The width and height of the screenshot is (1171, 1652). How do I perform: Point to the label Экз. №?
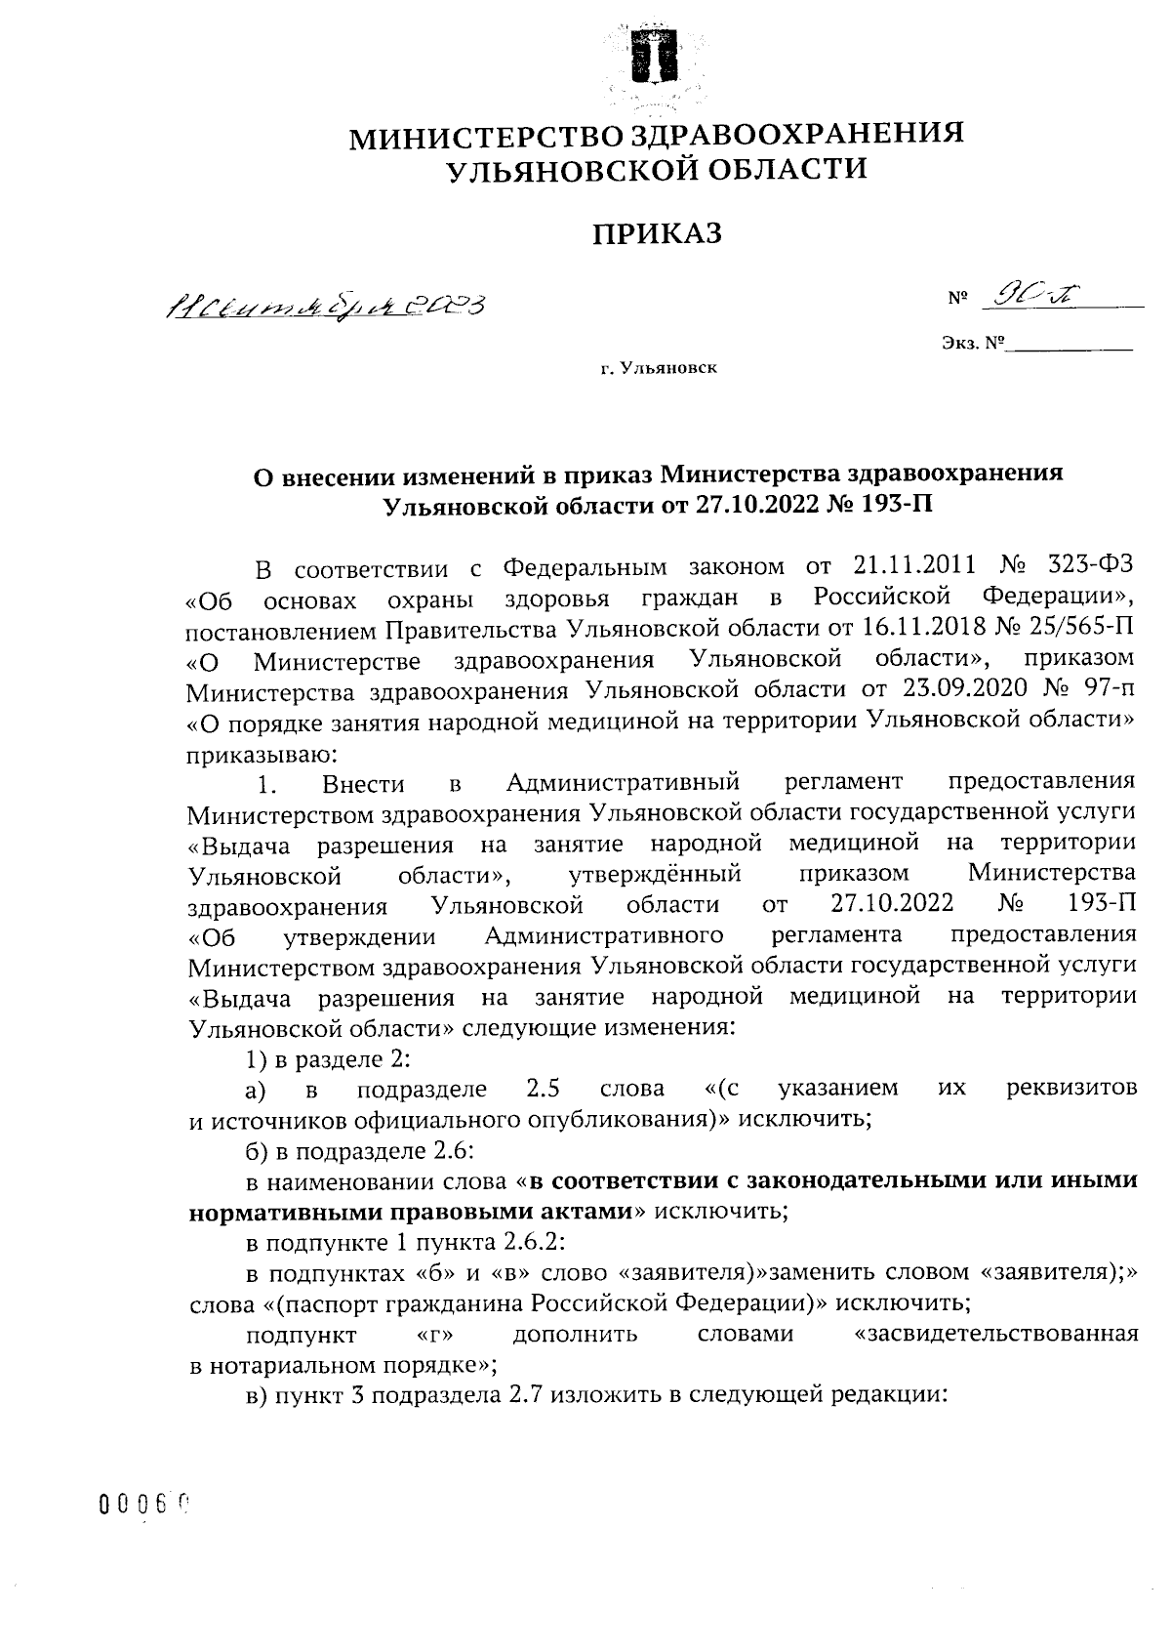pos(973,345)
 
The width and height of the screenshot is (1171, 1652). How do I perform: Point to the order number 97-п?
pos(1107,689)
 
